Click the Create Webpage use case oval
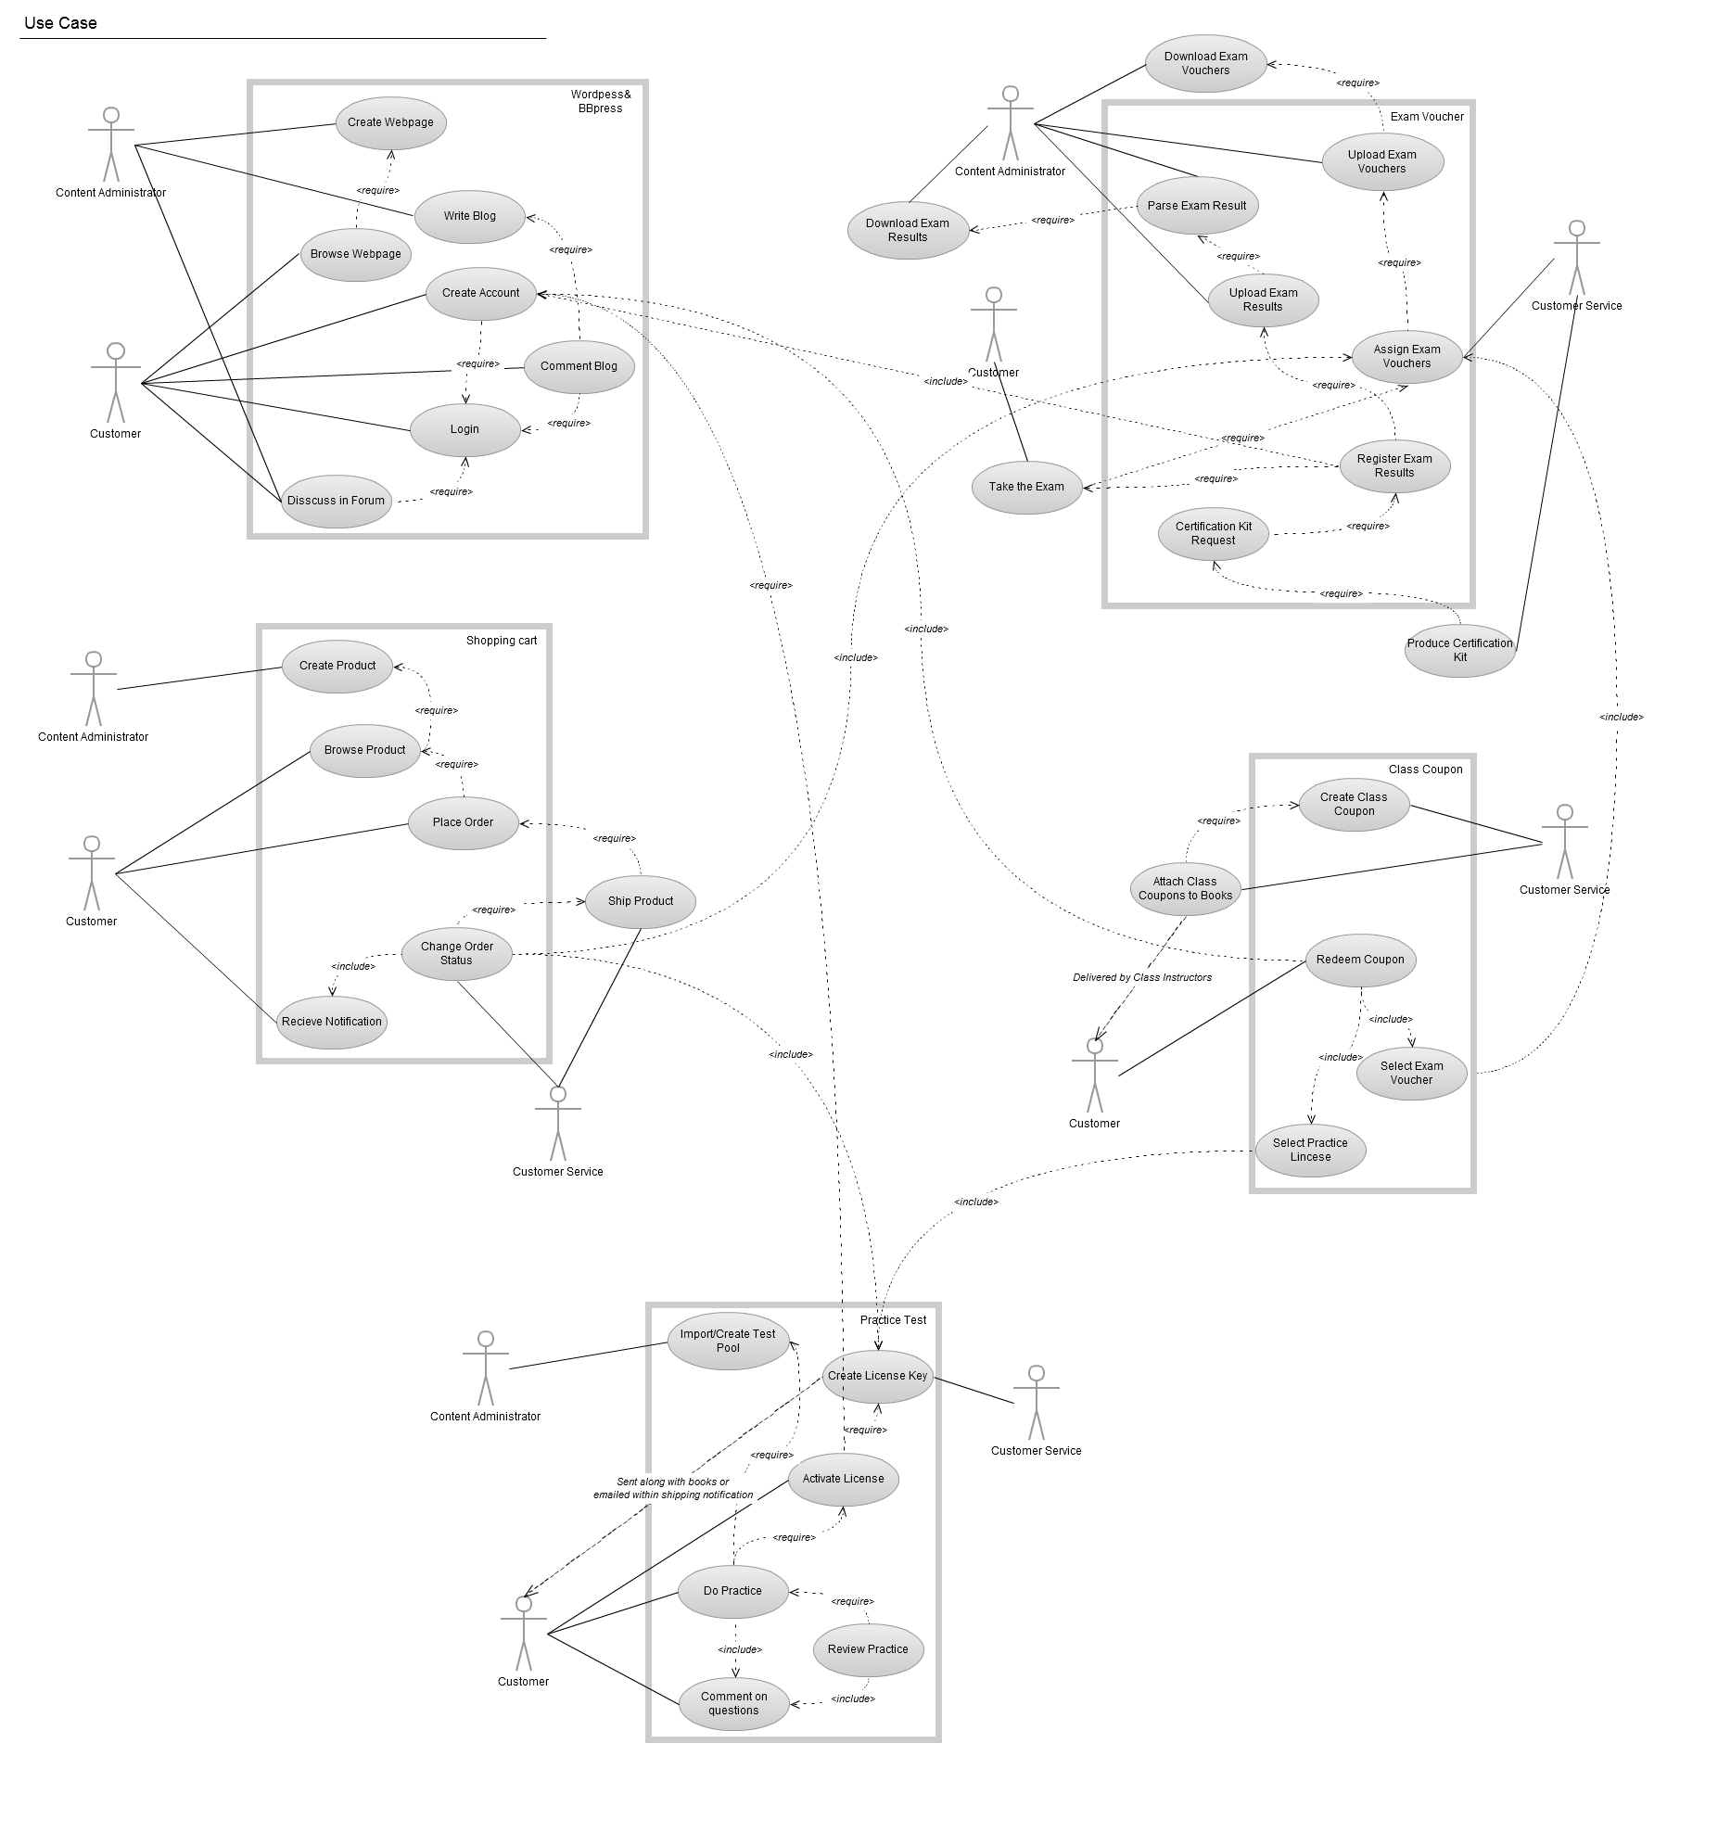[390, 122]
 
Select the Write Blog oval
[469, 216]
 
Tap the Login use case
[464, 429]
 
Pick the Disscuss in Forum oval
[336, 501]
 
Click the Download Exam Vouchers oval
[1205, 63]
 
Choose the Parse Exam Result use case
[1197, 206]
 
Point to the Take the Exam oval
[1026, 487]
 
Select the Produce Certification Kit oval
[1459, 650]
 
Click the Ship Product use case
[641, 901]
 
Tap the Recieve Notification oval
[332, 1022]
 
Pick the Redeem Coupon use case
[1360, 960]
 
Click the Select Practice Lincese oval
[1310, 1150]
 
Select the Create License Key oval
[877, 1376]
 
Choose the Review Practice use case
[868, 1649]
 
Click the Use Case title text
[60, 23]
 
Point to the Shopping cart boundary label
[502, 641]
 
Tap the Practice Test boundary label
[893, 1320]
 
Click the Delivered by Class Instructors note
[1142, 977]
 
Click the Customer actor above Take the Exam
[993, 324]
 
